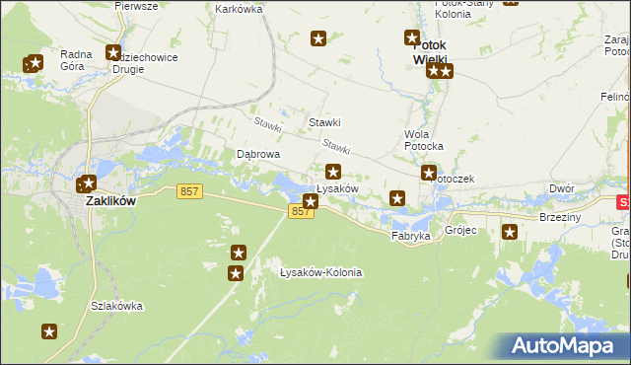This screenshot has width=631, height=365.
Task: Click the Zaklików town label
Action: point(109,199)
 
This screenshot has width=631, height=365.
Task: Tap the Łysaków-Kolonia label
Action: point(320,272)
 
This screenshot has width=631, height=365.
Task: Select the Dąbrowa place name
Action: point(259,155)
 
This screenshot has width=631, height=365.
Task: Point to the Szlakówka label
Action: point(115,306)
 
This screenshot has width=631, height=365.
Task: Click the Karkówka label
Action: point(238,9)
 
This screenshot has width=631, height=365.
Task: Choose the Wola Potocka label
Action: point(424,139)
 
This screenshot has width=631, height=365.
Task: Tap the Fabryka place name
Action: point(410,237)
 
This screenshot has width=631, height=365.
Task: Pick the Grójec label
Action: point(460,231)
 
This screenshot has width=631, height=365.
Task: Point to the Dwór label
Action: point(562,187)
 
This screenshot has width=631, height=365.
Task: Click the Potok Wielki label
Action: point(430,52)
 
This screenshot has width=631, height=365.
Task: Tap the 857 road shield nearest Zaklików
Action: point(190,191)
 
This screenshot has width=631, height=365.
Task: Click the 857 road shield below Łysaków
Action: point(302,212)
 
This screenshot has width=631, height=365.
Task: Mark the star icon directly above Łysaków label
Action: point(333,172)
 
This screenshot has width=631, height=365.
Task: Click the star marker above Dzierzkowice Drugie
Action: point(113,53)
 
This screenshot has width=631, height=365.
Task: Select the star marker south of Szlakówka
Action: point(48,331)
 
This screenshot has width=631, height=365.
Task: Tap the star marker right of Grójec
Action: point(510,232)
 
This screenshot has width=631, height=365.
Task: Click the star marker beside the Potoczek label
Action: point(429,174)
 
